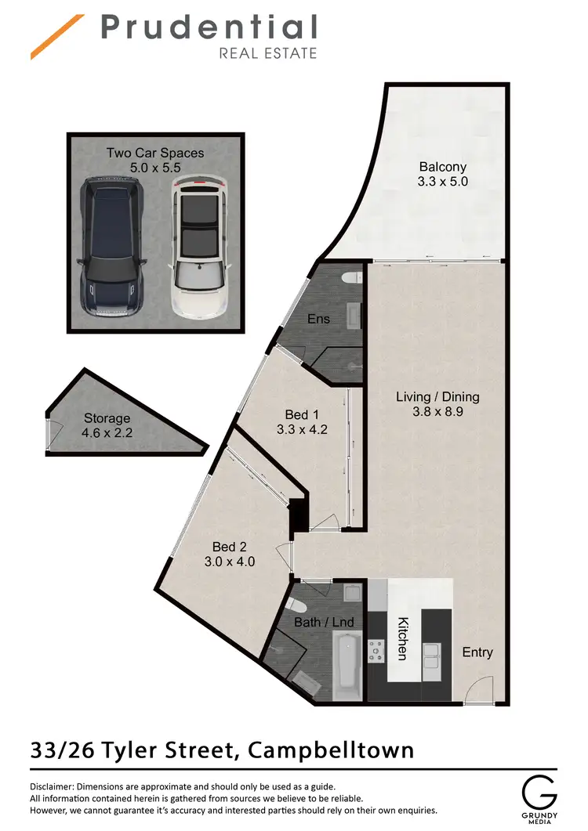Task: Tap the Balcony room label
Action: click(x=442, y=167)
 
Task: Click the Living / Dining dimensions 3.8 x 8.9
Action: click(x=437, y=412)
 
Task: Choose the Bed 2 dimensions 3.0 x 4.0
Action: click(x=234, y=562)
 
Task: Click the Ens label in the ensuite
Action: click(x=318, y=319)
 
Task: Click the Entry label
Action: click(x=477, y=652)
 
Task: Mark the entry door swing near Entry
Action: click(x=475, y=689)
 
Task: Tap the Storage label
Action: click(x=107, y=418)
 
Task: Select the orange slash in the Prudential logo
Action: click(x=57, y=37)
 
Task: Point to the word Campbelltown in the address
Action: click(x=330, y=750)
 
